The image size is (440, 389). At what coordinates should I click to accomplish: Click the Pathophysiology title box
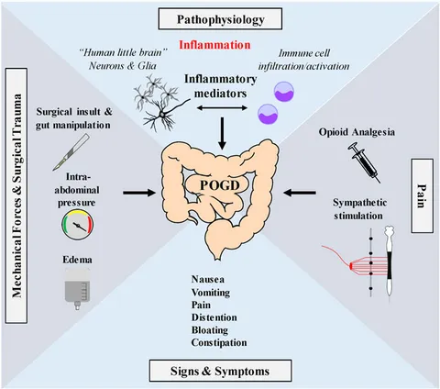(x=220, y=19)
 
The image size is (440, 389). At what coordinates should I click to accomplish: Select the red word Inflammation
(x=214, y=45)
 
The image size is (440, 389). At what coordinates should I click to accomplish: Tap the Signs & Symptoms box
(x=220, y=371)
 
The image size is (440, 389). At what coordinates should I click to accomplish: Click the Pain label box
(x=422, y=195)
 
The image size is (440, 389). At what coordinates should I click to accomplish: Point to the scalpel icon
(x=71, y=152)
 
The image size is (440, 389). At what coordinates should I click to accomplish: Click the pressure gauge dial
(x=78, y=225)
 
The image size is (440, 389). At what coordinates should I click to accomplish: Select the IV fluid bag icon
(x=78, y=289)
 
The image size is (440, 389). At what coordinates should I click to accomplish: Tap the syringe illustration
(x=364, y=162)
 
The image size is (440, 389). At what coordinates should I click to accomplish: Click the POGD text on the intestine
(x=220, y=185)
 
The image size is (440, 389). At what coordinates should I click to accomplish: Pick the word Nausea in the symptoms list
(x=208, y=279)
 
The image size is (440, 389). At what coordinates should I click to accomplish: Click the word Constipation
(x=219, y=342)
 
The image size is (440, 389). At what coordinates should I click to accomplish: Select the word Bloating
(x=210, y=330)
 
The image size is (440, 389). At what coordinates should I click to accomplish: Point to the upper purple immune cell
(x=284, y=91)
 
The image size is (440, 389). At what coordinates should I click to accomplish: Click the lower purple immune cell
(x=268, y=114)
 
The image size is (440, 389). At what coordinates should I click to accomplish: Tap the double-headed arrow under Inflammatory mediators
(x=222, y=107)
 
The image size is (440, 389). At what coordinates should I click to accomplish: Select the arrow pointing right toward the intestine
(x=139, y=193)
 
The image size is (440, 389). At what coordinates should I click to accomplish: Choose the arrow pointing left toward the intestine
(x=300, y=193)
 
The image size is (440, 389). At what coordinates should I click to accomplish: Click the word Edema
(x=77, y=260)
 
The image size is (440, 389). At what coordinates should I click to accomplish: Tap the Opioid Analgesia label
(x=357, y=132)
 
